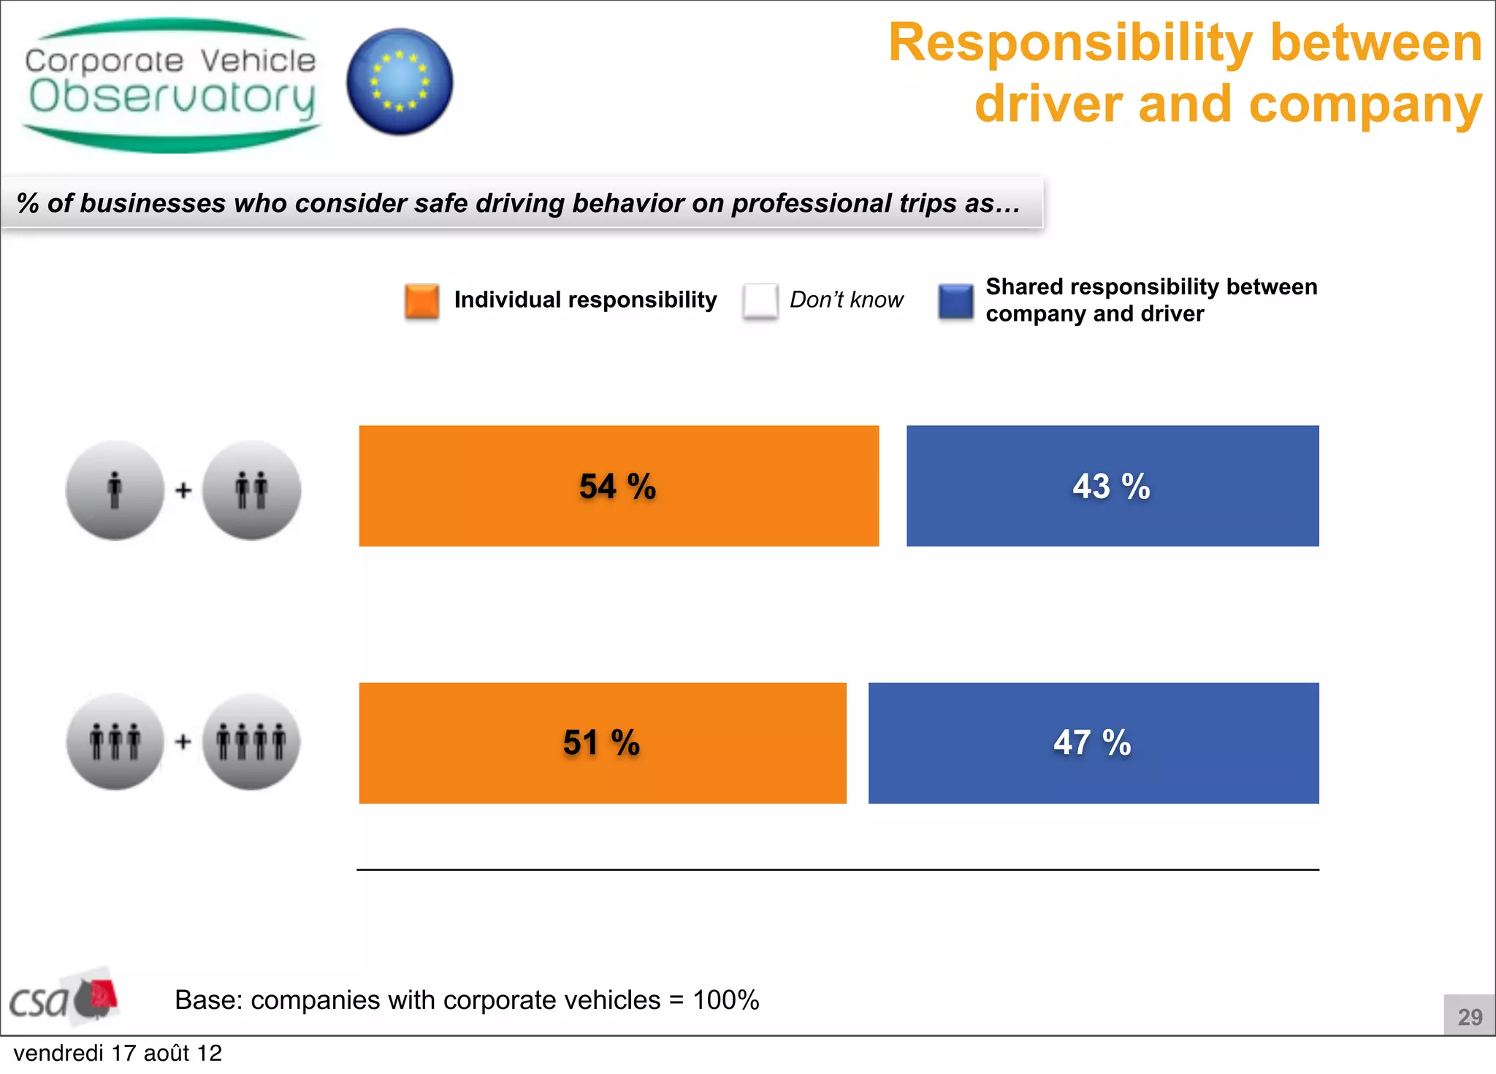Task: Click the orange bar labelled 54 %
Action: (619, 486)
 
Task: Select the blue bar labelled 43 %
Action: (1113, 486)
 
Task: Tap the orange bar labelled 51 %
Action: (603, 743)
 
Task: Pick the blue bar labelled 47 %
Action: (1094, 743)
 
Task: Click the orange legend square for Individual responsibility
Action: (421, 301)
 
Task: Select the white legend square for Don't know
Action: (760, 301)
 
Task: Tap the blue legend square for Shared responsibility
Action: (955, 301)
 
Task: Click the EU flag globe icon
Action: (400, 82)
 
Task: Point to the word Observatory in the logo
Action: (172, 98)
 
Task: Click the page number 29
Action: (1469, 1016)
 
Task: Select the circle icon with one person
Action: (115, 490)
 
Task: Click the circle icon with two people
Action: (251, 490)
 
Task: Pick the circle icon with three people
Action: (115, 742)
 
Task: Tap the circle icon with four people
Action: (251, 742)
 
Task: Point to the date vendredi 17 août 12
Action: (118, 1053)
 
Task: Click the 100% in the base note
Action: (725, 999)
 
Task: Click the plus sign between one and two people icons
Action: (183, 490)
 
